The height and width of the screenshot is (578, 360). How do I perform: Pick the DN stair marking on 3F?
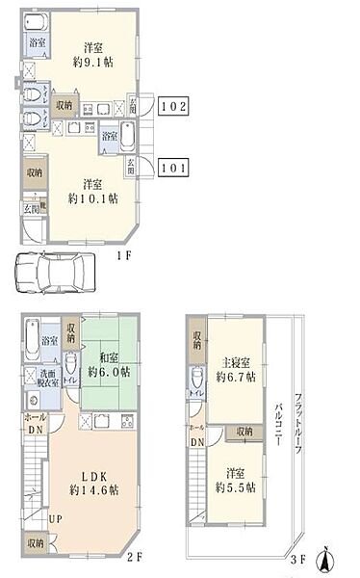pyautogui.click(x=197, y=442)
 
